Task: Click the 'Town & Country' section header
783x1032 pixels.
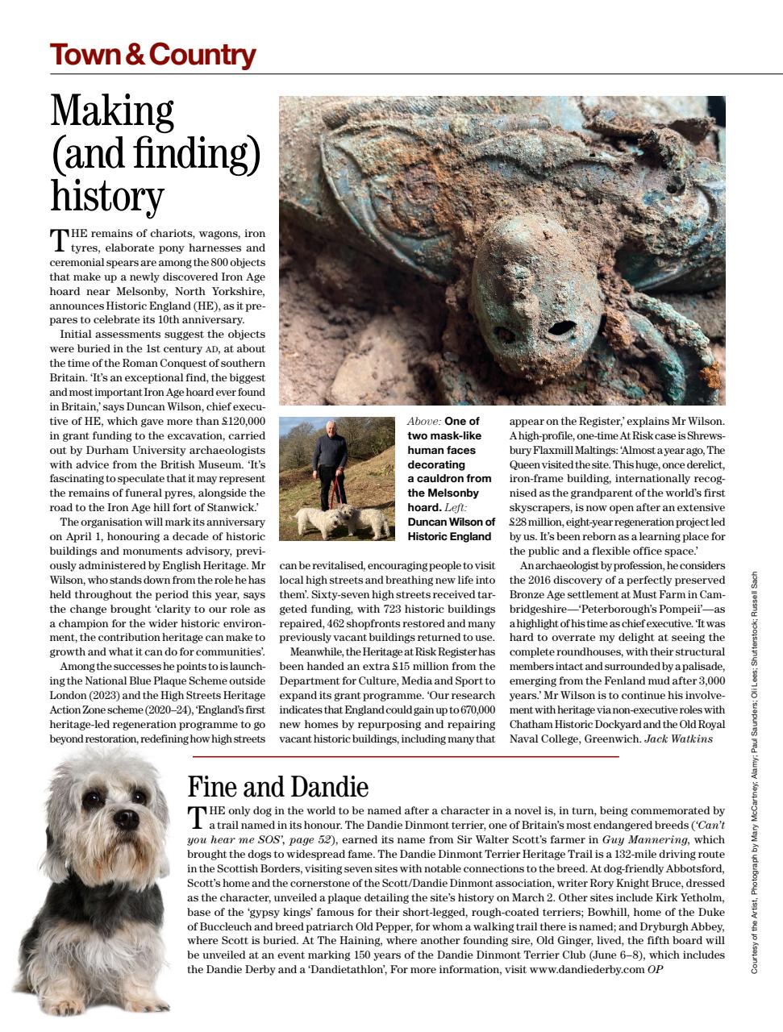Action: click(152, 55)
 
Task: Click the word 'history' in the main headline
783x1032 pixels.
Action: click(106, 195)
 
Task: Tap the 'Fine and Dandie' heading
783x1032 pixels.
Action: click(277, 786)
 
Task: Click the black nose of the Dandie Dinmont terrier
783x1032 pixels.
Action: click(126, 819)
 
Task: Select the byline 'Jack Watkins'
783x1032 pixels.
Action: click(678, 739)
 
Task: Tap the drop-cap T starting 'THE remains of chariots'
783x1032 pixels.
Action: click(59, 239)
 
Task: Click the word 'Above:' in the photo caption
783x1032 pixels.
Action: click(423, 422)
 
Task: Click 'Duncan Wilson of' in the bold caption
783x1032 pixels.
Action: click(451, 522)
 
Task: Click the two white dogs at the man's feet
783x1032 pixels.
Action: click(342, 520)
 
